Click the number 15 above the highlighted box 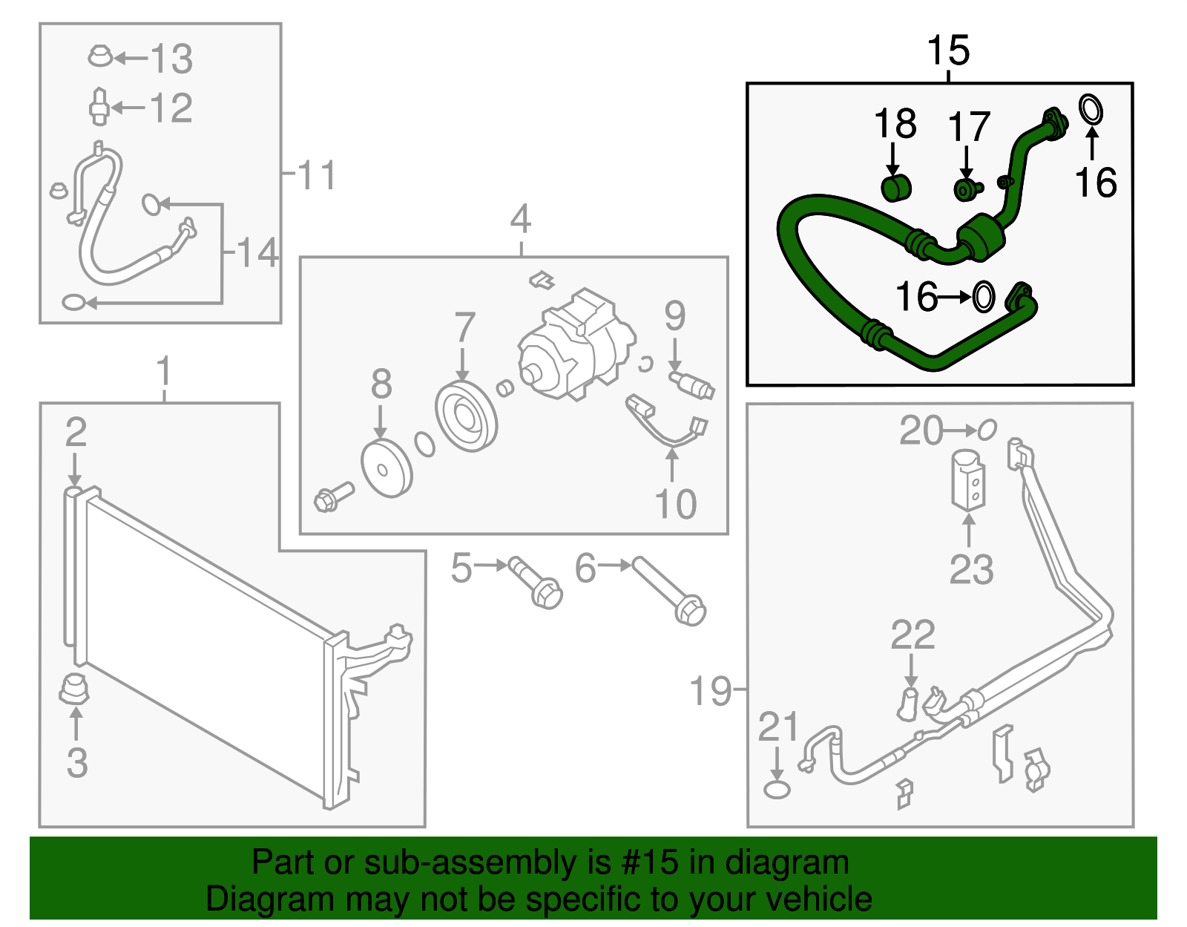948,50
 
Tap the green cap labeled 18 896,188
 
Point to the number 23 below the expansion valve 970,570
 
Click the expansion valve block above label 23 968,480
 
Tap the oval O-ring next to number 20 987,429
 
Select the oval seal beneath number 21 777,789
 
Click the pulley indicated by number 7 466,416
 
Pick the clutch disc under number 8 386,468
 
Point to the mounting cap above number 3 74,689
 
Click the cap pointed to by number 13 99,56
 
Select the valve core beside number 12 99,108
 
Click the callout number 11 317,175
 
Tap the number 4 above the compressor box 521,219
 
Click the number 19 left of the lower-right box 710,690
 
